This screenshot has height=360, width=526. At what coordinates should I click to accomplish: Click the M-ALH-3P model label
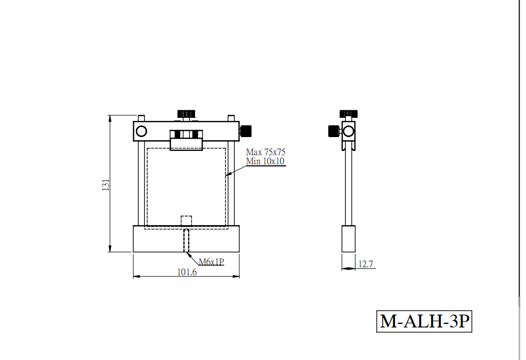coord(424,321)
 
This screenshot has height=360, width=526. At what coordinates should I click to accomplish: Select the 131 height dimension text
coord(106,185)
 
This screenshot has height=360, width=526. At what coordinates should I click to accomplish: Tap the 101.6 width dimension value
coord(187,271)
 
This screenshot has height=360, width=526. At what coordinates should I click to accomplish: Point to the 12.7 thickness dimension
coord(366,264)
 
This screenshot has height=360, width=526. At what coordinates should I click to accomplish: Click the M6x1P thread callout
coord(212,261)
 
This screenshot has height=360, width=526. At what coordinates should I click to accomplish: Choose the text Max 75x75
coord(266,152)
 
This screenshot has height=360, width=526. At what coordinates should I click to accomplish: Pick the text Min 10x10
coord(265,161)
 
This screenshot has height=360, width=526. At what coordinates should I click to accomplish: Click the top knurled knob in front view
coord(186,114)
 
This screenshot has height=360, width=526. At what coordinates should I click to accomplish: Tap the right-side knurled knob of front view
coord(246,131)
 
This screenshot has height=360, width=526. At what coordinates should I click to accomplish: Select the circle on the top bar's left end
coord(142,131)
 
